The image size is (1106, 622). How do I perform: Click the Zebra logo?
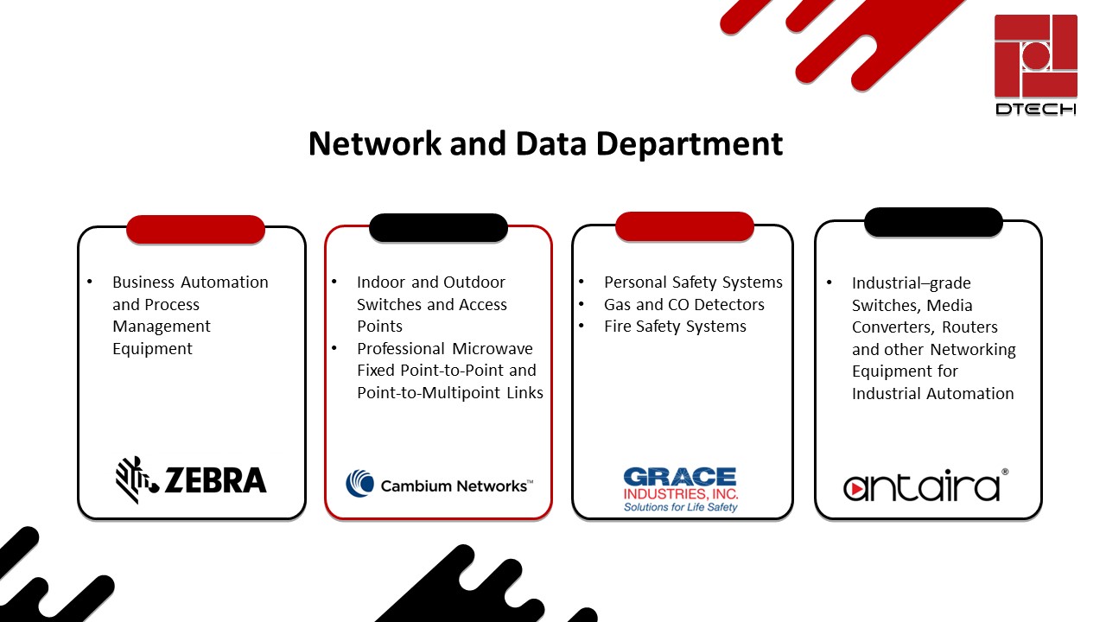click(x=191, y=479)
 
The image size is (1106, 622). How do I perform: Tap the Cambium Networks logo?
click(x=439, y=485)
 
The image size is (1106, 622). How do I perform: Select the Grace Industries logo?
click(x=681, y=489)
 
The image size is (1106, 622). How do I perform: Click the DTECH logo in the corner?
click(x=1035, y=66)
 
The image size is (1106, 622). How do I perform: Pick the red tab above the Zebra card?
click(x=195, y=229)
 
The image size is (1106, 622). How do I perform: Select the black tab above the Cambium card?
click(x=438, y=227)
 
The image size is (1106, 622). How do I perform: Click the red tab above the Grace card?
click(x=684, y=226)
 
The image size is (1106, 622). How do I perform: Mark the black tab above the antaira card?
click(x=933, y=222)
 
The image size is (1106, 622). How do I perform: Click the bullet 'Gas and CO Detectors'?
click(x=683, y=304)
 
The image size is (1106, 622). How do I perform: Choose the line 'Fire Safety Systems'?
click(x=675, y=327)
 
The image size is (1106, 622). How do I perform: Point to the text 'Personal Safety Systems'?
click(x=693, y=282)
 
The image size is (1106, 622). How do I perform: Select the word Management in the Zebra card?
click(x=162, y=327)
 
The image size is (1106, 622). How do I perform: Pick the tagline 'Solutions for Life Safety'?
click(x=681, y=507)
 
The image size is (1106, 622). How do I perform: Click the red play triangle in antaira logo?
click(x=857, y=488)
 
